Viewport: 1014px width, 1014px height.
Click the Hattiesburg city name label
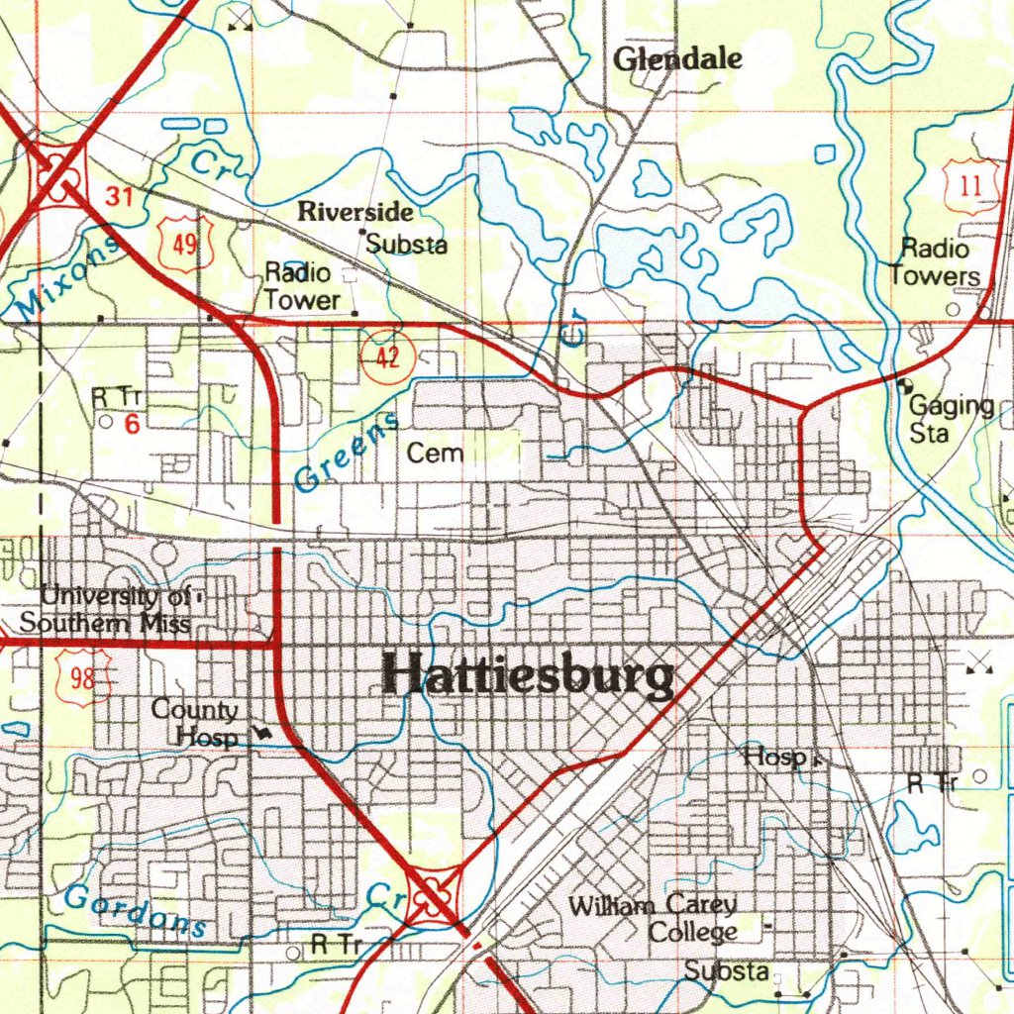[x=529, y=677]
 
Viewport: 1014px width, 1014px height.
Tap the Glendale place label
[x=677, y=59]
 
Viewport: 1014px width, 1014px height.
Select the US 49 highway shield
[x=185, y=243]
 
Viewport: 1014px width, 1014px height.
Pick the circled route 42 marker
[x=387, y=356]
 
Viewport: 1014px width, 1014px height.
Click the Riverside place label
[x=355, y=212]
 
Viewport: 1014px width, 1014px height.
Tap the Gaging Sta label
[x=952, y=419]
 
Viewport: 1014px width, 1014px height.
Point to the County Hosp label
[x=197, y=723]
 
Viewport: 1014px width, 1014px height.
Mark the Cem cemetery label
[x=435, y=454]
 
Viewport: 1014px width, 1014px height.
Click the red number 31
[x=120, y=197]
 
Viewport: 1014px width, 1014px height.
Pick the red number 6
[x=131, y=425]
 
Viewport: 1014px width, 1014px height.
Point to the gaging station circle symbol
[x=903, y=385]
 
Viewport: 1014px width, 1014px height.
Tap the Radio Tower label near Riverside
[x=302, y=285]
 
